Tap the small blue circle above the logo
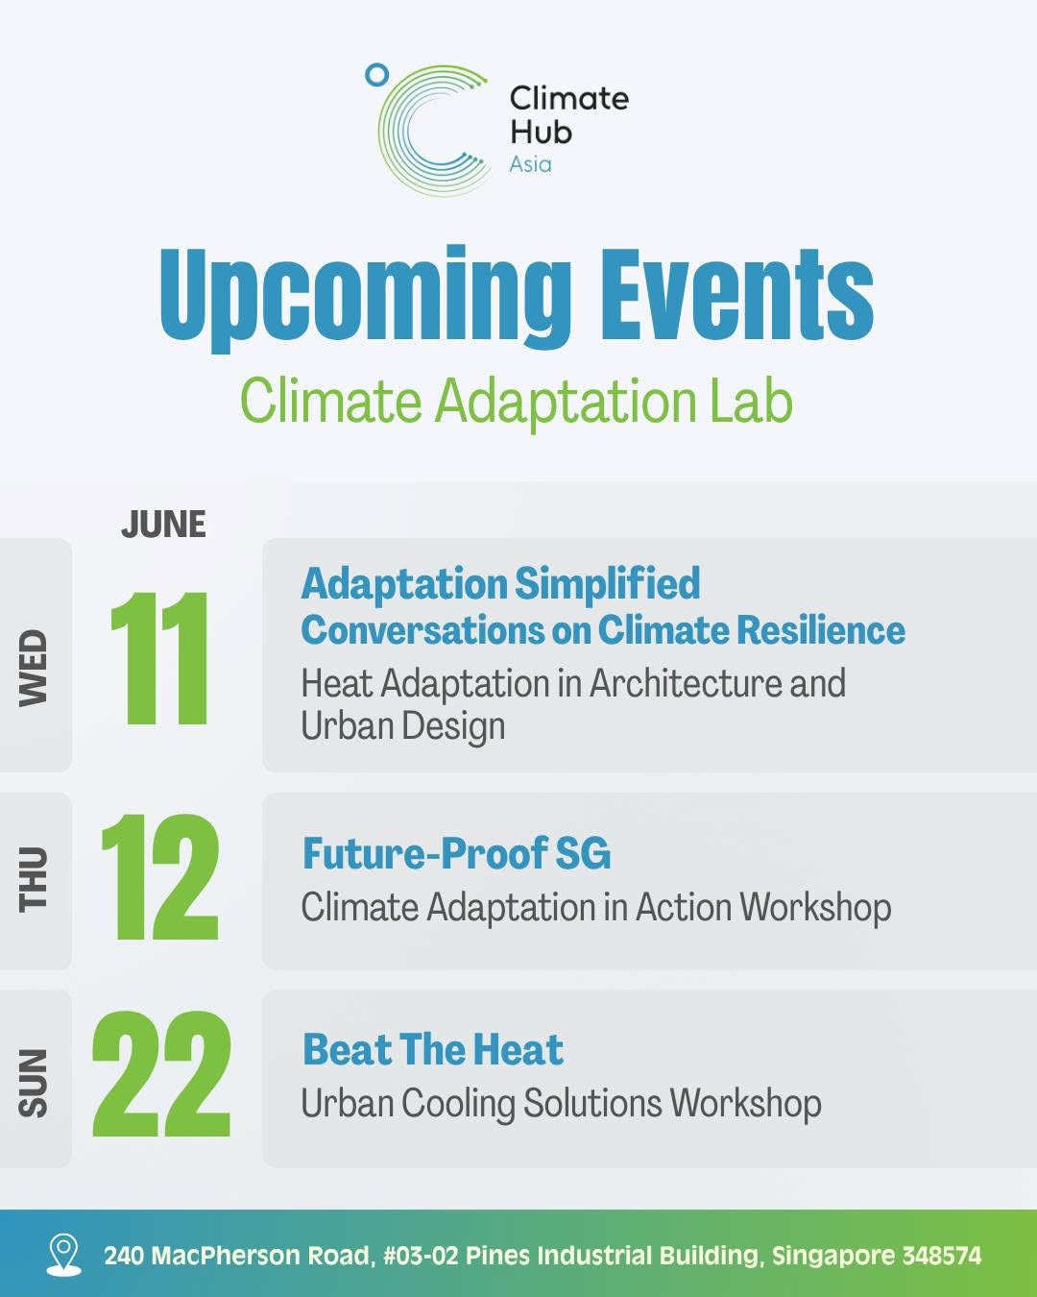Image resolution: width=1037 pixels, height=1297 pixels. pyautogui.click(x=377, y=75)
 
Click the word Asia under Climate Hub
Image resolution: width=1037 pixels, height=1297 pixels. pyautogui.click(x=530, y=164)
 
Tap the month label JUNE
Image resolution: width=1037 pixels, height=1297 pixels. pyautogui.click(x=163, y=524)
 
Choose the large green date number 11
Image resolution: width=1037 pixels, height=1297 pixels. pyautogui.click(x=159, y=657)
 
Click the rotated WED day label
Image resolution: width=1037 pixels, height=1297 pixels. pyautogui.click(x=33, y=668)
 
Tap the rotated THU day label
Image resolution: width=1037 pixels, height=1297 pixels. pyautogui.click(x=33, y=879)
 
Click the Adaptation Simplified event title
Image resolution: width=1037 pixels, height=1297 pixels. pyautogui.click(x=500, y=583)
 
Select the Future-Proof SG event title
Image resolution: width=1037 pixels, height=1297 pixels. pyautogui.click(x=457, y=853)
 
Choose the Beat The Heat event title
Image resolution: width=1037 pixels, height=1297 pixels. pyautogui.click(x=433, y=1049)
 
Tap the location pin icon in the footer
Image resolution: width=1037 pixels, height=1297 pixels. pyautogui.click(x=64, y=1254)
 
